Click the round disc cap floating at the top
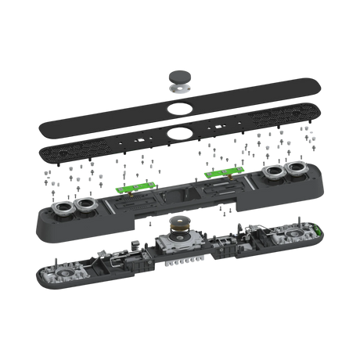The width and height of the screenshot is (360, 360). pyautogui.click(x=180, y=77)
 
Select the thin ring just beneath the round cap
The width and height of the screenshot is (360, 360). pyautogui.click(x=180, y=90)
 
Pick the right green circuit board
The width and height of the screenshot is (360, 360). pyautogui.click(x=221, y=173)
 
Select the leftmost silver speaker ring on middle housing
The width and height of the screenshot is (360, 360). pyautogui.click(x=63, y=207)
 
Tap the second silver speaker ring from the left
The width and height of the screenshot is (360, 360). pyautogui.click(x=85, y=205)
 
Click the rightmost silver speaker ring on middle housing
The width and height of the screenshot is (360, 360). pyautogui.click(x=298, y=171)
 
